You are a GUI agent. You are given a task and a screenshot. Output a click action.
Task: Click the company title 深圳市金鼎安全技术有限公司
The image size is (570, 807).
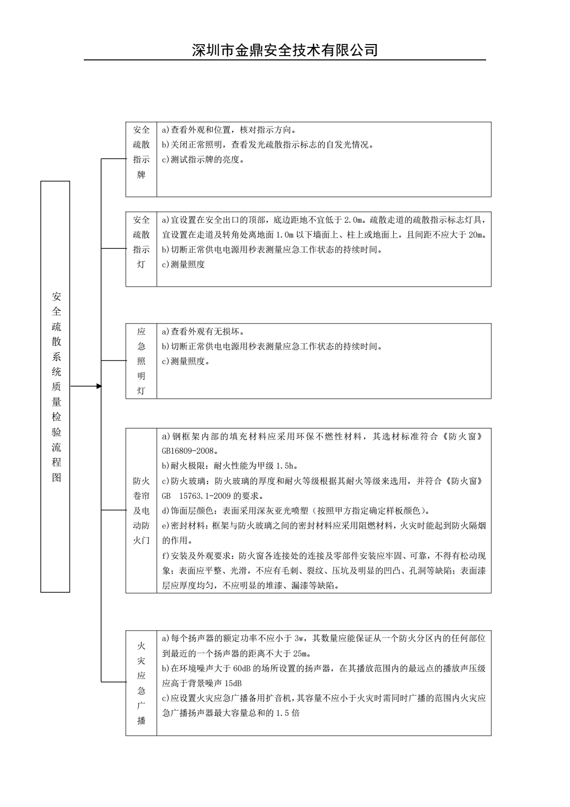(x=285, y=50)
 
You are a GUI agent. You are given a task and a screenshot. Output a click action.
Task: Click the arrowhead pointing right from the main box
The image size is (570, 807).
(x=99, y=386)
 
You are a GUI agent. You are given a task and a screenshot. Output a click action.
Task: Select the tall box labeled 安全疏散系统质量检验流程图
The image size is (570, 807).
(x=56, y=386)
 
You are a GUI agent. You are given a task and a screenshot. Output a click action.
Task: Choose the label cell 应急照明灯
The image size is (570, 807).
(x=141, y=361)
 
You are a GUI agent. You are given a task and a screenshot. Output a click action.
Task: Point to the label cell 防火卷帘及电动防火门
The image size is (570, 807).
(x=141, y=510)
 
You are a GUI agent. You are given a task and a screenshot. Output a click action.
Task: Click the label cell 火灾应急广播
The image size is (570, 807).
(x=141, y=683)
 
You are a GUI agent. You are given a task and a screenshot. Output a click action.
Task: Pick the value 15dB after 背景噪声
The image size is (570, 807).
(x=233, y=683)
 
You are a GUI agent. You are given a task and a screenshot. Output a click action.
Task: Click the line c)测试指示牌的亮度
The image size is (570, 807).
(x=203, y=160)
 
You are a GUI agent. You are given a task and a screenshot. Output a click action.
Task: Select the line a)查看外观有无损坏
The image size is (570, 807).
(x=203, y=331)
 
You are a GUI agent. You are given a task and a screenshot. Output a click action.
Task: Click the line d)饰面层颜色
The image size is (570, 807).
(x=296, y=510)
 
